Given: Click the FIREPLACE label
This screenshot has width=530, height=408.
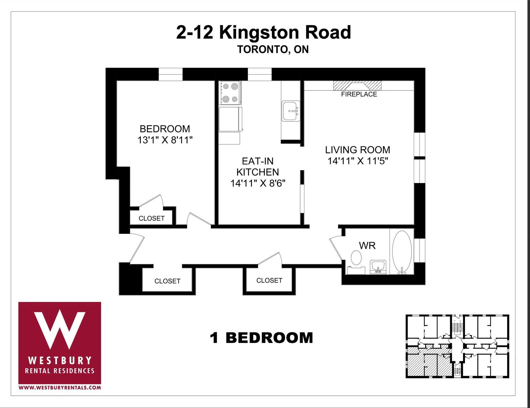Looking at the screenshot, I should tap(359, 94).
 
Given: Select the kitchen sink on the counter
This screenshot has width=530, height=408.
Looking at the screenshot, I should tap(290, 111).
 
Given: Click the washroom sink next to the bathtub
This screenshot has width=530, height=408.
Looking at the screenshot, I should tap(378, 267).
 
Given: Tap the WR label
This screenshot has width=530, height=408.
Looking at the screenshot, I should tap(367, 246).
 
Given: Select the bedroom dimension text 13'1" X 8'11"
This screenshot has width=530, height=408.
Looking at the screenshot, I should tap(165, 140).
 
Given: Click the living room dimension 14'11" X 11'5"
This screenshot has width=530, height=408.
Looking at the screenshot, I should tap(358, 161).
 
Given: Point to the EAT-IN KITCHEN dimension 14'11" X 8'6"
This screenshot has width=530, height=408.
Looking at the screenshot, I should tap(258, 183).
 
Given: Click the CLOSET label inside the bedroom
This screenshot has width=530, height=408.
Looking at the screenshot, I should tap(151, 219).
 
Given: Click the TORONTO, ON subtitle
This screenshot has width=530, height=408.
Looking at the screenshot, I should tap(273, 49).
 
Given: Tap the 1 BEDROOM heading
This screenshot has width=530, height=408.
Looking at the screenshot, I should tap(261, 338).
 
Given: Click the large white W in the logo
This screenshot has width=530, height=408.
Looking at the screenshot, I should tap(59, 329).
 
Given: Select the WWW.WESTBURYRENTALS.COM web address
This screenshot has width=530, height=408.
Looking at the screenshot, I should tap(59, 388).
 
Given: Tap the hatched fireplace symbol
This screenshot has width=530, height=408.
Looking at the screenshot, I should tap(358, 85).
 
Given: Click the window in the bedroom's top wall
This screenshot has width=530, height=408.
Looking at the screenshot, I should tap(170, 74).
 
